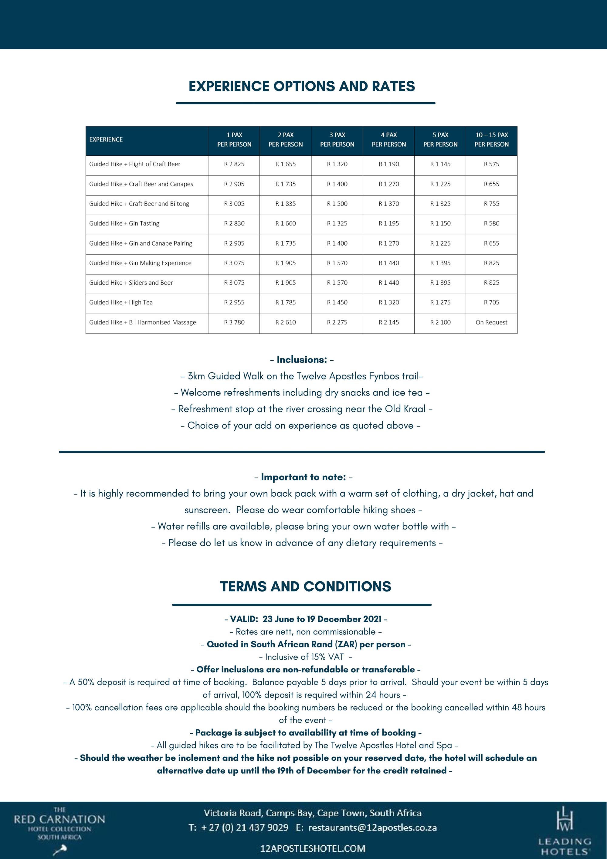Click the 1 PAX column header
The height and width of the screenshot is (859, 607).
234,140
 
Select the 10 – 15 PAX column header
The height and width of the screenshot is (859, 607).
491,140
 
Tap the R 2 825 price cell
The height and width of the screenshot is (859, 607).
234,164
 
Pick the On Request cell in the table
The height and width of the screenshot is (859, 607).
491,322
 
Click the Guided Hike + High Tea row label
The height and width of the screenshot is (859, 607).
121,303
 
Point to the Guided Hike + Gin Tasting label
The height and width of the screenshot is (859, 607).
124,224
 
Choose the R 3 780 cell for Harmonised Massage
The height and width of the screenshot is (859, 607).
234,322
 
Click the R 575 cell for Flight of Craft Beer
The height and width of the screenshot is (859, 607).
491,164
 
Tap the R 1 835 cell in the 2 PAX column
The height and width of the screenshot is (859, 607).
285,204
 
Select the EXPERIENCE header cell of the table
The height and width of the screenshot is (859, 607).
106,140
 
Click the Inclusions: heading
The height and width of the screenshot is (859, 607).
302,360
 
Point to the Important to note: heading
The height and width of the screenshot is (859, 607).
303,477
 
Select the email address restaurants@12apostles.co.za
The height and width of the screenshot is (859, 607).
372,827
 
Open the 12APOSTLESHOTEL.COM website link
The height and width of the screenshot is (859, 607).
313,848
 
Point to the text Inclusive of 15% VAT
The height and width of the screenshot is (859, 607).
304,657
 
